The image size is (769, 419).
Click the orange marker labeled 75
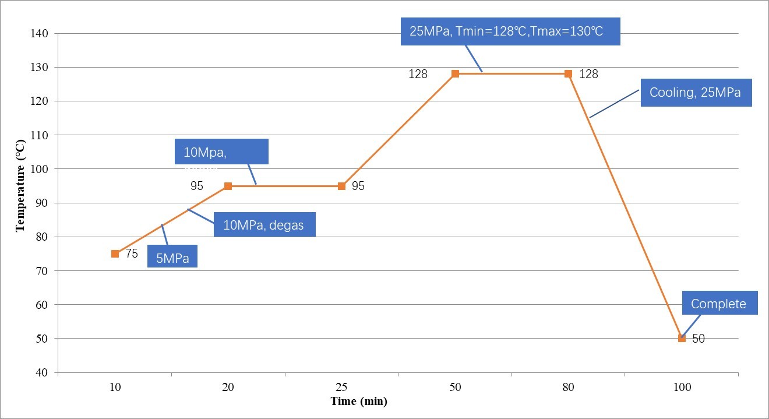[x=115, y=253]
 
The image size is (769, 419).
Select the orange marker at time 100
[x=682, y=338]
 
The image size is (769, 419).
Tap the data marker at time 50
[x=455, y=74]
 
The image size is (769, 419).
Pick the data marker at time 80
[x=568, y=74]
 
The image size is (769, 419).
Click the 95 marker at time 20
[x=228, y=186]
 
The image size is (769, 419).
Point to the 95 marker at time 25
[x=341, y=186]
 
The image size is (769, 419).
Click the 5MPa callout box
[x=172, y=258]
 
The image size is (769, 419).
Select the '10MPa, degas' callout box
[x=264, y=224]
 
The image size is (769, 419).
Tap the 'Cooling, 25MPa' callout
[x=696, y=93]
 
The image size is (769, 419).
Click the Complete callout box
[x=718, y=304]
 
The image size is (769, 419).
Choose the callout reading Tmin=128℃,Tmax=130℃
[x=510, y=31]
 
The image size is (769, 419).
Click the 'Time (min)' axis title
[x=359, y=401]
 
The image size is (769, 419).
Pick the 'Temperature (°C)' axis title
[x=21, y=186]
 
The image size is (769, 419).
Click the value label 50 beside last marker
[x=699, y=338]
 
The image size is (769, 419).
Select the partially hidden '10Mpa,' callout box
[x=221, y=152]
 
